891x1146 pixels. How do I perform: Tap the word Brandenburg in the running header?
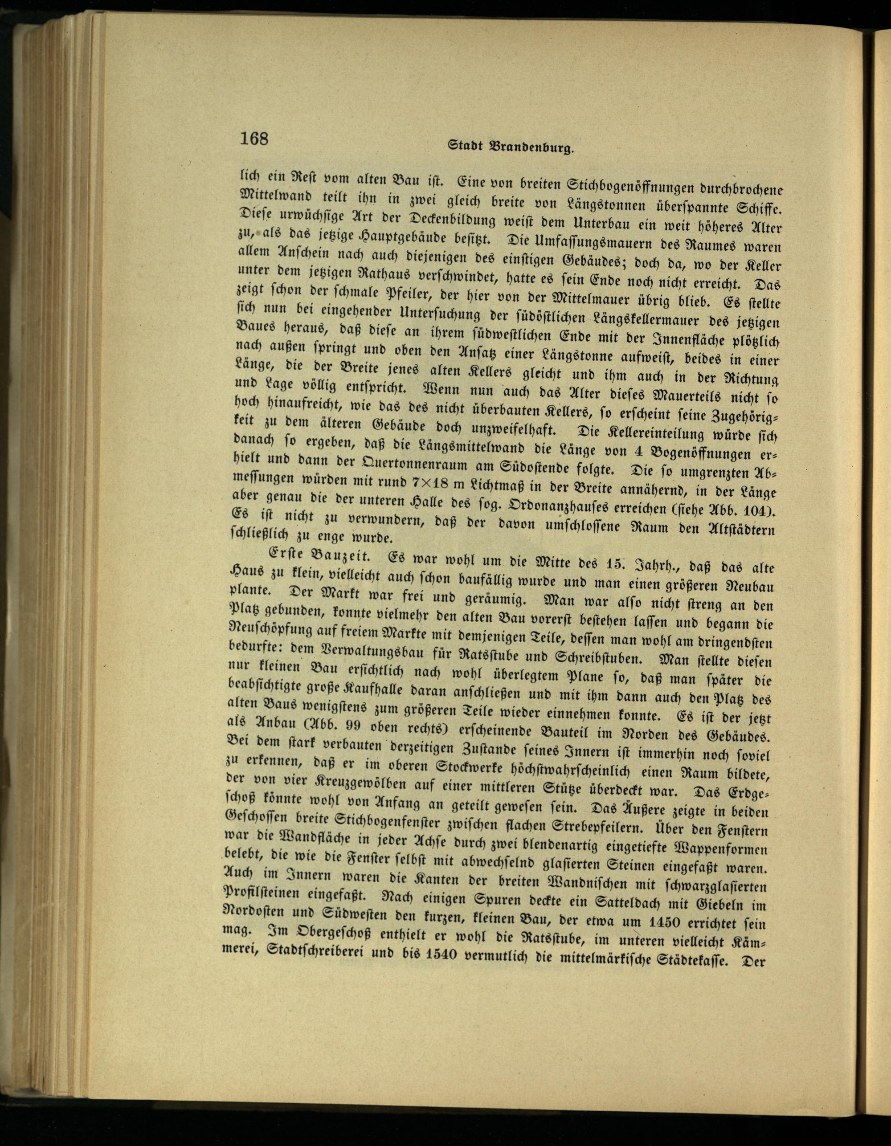point(531,147)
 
